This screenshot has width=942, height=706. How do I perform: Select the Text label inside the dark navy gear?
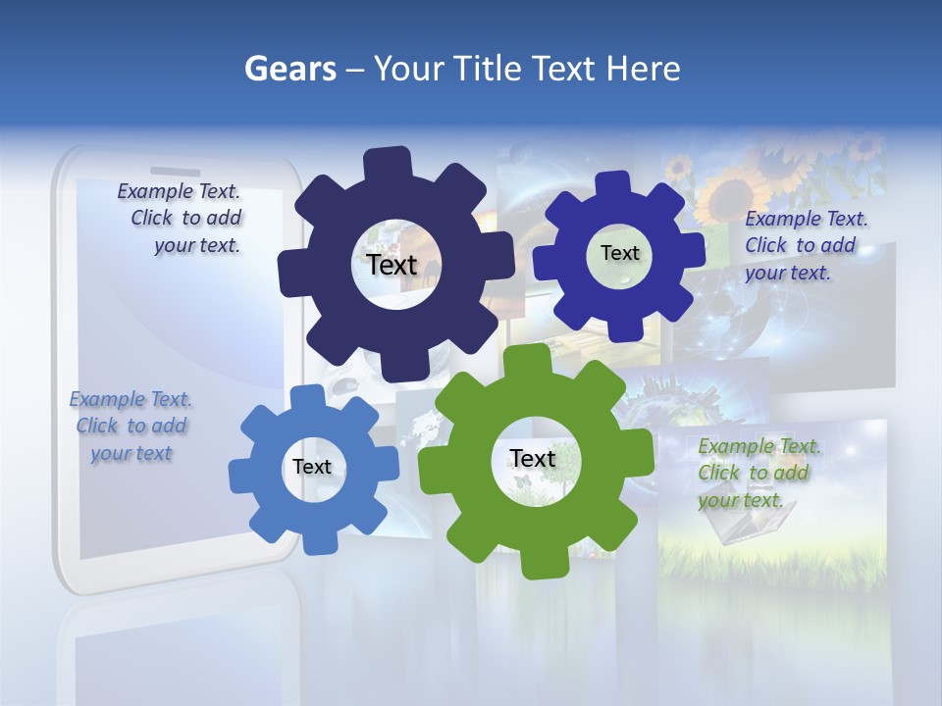tap(392, 265)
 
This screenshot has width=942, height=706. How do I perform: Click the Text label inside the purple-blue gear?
tap(619, 253)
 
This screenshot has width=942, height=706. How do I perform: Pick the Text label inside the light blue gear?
tap(312, 467)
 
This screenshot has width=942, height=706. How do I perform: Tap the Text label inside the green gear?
tap(533, 458)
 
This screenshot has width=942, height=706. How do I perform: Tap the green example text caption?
tap(756, 473)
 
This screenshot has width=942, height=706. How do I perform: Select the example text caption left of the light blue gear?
tap(131, 426)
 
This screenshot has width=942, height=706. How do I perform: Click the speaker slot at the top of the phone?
tap(176, 171)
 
